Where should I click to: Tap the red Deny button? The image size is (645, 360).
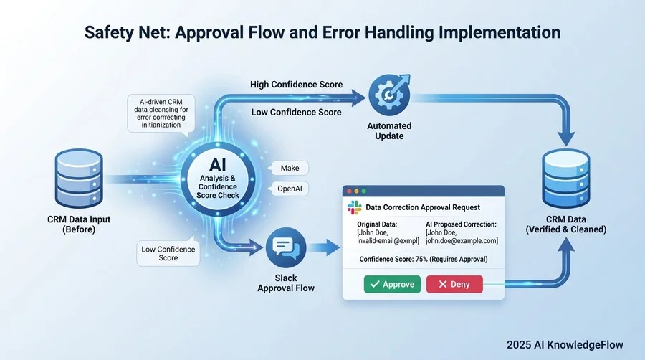click(x=454, y=284)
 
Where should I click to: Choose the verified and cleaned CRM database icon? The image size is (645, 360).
click(x=570, y=168)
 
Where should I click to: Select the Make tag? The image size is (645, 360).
click(x=290, y=168)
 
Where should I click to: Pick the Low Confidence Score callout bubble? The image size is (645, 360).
click(x=168, y=253)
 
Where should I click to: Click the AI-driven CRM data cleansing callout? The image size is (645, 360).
click(x=160, y=113)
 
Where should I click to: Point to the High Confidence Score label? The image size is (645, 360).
click(x=296, y=85)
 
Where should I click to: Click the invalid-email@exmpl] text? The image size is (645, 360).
click(x=388, y=240)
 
